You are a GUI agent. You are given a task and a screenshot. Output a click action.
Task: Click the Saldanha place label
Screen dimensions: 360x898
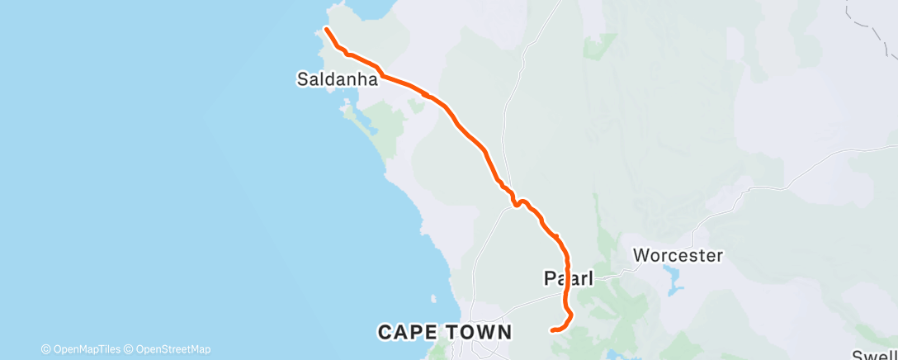[337, 80]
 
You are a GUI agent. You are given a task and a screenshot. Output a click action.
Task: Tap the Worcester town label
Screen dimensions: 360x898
[678, 255]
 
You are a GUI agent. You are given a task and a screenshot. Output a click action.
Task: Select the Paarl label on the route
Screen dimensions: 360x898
[568, 278]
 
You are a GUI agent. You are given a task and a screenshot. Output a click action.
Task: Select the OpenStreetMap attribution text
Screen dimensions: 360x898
[172, 349]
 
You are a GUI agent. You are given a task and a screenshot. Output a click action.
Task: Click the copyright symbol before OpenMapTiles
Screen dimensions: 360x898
[46, 349]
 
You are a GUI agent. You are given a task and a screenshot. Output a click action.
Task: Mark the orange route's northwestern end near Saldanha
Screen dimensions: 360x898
[326, 30]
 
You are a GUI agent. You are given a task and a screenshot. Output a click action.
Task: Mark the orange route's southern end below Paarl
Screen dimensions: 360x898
[551, 330]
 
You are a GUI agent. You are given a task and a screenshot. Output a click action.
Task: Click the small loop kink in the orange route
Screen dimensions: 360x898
[518, 202]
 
